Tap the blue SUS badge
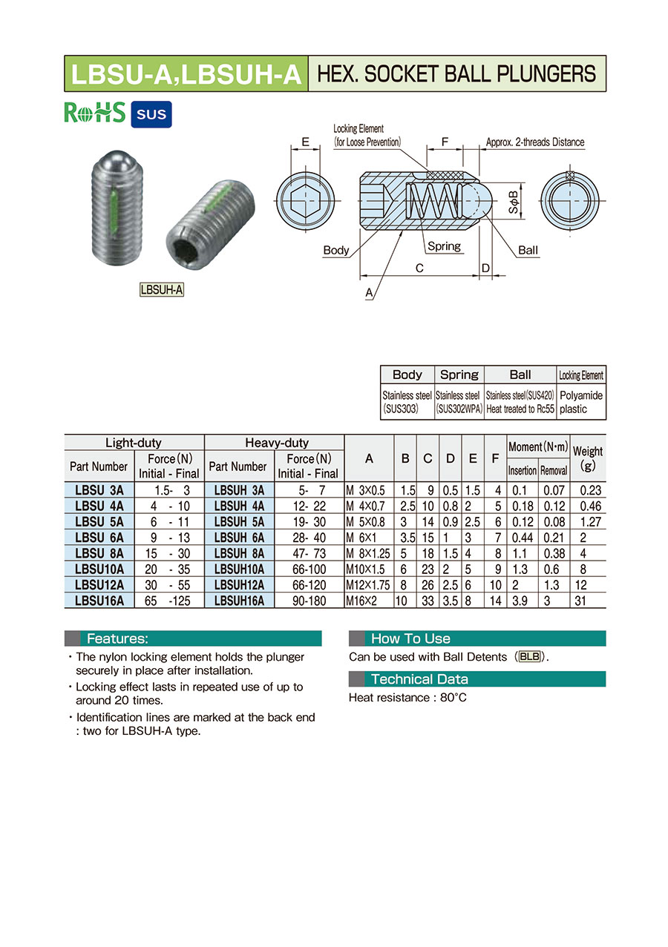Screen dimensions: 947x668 [151, 114]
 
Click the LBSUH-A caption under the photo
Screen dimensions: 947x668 [162, 290]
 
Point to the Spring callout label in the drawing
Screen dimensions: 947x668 [444, 246]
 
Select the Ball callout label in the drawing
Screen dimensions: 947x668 [528, 250]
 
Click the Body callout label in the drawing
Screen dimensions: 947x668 [335, 250]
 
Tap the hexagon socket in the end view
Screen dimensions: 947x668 [305, 201]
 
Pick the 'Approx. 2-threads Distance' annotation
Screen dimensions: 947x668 [534, 142]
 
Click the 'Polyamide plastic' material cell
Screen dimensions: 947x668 [580, 402]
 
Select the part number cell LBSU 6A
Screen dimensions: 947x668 [99, 537]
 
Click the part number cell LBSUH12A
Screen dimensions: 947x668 [239, 586]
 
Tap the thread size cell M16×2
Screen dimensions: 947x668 [361, 601]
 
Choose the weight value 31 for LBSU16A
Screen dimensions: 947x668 [580, 601]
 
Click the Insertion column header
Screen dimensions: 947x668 [522, 471]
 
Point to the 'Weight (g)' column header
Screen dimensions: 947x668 [588, 458]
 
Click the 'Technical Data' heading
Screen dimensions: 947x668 [419, 679]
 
